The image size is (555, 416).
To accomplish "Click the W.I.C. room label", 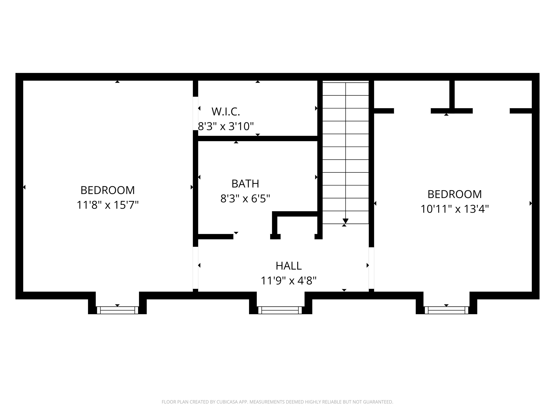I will (x=226, y=112).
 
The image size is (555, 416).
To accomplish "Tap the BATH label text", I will (x=245, y=184).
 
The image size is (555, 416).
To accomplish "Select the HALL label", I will (x=289, y=266).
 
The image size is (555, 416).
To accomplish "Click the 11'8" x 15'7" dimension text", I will (x=107, y=205).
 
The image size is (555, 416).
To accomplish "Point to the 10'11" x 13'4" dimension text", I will (x=454, y=209).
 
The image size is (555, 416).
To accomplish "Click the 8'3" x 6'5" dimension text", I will (x=245, y=199).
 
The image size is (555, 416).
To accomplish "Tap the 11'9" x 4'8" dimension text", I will (x=289, y=281).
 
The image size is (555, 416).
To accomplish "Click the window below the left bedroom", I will (x=117, y=310).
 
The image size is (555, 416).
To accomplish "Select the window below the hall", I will (x=280, y=310).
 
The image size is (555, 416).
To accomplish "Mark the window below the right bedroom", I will (x=446, y=310).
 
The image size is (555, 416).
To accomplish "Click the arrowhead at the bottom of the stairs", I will (x=345, y=221).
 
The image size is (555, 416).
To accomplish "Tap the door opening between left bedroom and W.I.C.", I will (x=195, y=113).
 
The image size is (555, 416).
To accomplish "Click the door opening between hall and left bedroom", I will (x=195, y=268).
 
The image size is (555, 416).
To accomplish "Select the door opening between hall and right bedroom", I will (x=371, y=268).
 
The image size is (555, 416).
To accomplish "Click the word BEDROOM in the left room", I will (x=107, y=190).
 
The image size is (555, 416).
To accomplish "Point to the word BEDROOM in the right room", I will (x=454, y=194).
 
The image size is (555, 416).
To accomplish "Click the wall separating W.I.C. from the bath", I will (x=258, y=138).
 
